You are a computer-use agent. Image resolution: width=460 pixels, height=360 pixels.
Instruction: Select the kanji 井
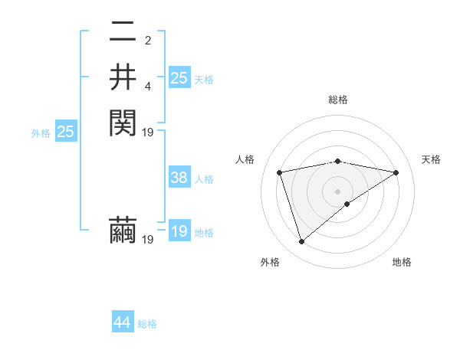(x=123, y=77)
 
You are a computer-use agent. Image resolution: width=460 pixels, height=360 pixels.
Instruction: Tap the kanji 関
(x=123, y=121)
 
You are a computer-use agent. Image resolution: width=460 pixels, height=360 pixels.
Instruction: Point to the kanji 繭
(x=123, y=230)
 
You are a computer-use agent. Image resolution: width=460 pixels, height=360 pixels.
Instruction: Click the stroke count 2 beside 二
(x=148, y=41)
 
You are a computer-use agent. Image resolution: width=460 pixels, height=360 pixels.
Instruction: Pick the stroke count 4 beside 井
(x=148, y=85)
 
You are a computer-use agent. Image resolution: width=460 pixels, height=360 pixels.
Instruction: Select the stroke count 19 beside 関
(x=148, y=132)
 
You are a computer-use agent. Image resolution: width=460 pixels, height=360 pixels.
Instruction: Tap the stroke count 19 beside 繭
(x=148, y=240)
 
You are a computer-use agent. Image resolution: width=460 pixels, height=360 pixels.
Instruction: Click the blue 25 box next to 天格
(x=179, y=78)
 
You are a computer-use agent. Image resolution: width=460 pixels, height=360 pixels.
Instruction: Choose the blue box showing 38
(x=179, y=178)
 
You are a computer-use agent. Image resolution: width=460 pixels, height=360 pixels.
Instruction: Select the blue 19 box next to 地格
(x=179, y=231)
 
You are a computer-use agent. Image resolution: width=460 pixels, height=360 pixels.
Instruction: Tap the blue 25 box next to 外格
(x=66, y=132)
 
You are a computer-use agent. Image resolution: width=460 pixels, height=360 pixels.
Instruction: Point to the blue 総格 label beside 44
(x=147, y=324)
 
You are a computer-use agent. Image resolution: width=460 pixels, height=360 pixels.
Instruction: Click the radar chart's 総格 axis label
(x=338, y=100)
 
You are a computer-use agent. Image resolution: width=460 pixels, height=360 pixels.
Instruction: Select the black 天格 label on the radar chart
(x=431, y=159)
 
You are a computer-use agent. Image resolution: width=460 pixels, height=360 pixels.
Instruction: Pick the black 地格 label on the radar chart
(x=402, y=262)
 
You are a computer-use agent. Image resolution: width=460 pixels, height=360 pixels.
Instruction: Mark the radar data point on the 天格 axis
(x=396, y=172)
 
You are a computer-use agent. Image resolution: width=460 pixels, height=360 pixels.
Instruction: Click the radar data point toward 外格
(x=302, y=242)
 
